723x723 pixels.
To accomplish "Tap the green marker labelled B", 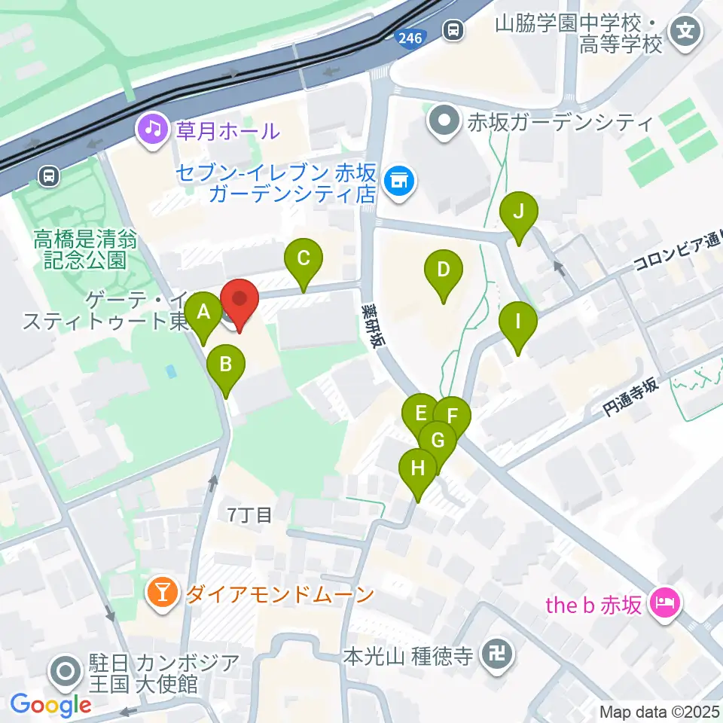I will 225,365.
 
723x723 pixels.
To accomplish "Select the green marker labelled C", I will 304,260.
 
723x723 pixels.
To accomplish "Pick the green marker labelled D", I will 444,270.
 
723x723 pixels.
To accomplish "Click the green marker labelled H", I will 418,468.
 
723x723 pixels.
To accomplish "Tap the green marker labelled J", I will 518,212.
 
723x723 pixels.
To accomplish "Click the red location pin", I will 239,300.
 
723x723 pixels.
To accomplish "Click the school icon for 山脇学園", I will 687,32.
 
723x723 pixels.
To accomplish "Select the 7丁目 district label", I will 249,516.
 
